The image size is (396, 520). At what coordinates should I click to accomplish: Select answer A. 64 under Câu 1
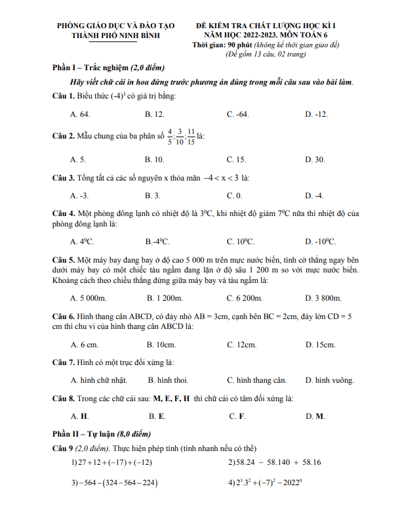[80, 114]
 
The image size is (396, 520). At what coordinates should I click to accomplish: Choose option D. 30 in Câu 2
[315, 159]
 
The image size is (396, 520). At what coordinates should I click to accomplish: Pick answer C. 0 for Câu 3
[234, 195]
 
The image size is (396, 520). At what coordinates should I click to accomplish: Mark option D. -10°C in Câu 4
[320, 241]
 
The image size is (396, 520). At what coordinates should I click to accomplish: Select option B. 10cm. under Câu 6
[160, 344]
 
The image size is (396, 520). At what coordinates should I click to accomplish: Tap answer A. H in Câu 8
[79, 416]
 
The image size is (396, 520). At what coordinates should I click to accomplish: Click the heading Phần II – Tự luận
[102, 434]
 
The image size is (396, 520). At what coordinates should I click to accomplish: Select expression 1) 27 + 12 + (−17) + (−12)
[111, 462]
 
